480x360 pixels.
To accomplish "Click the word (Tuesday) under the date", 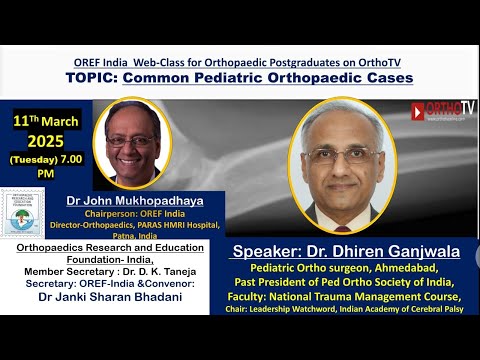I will (34, 159).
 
